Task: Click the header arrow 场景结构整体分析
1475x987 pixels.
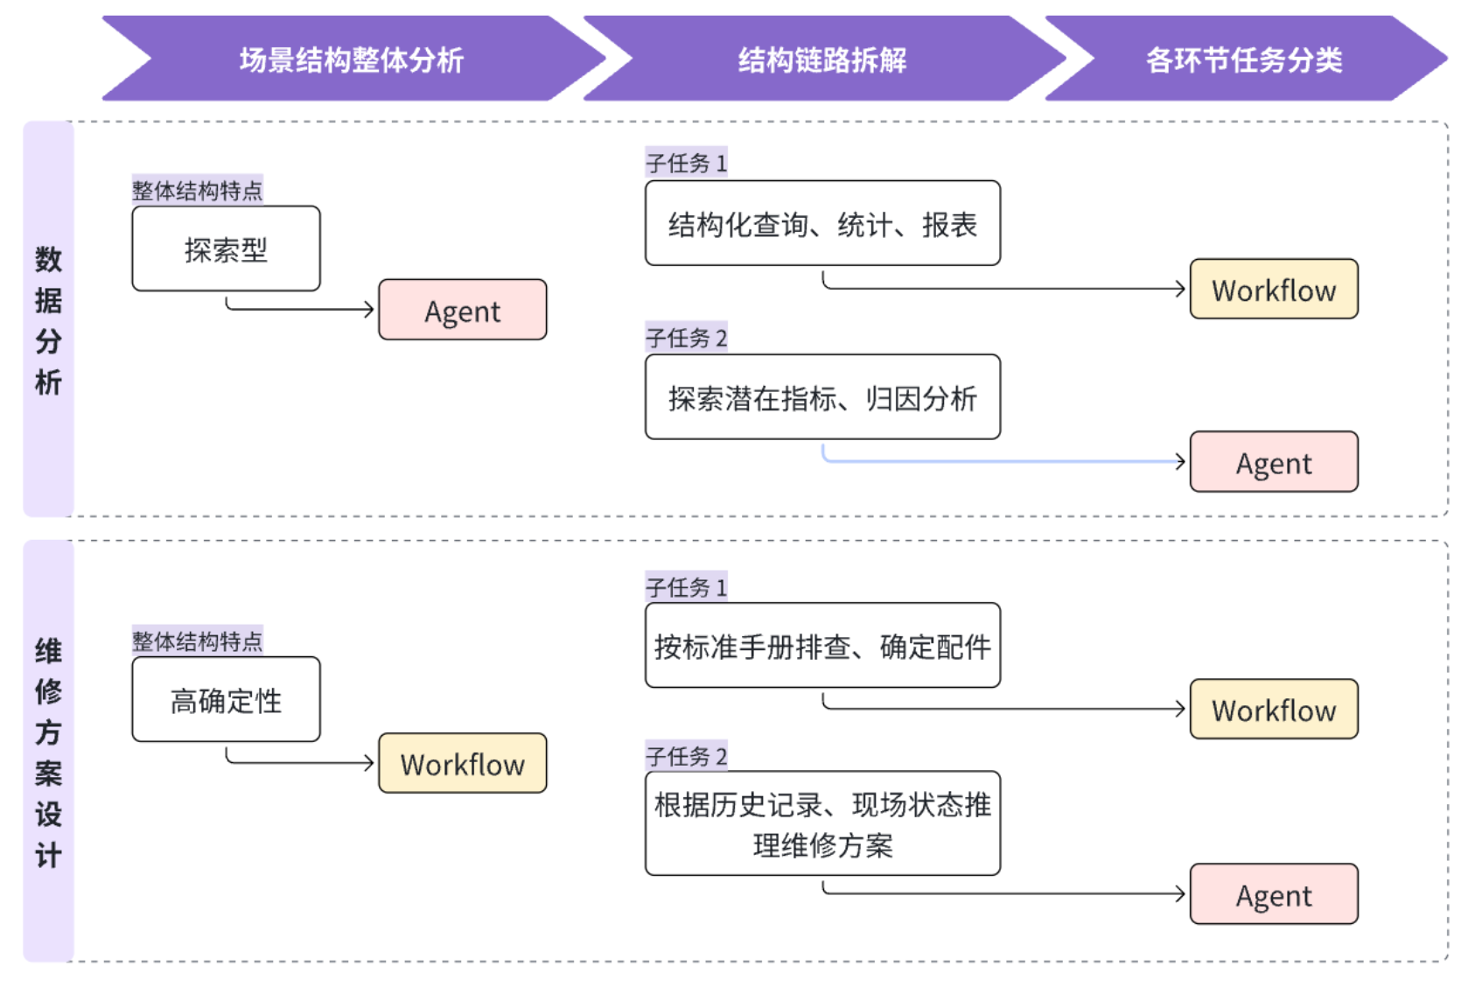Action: point(352,59)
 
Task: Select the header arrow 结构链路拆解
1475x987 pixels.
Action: point(822,59)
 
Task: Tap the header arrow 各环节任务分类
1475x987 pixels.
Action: point(1244,59)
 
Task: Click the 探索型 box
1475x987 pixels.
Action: point(226,249)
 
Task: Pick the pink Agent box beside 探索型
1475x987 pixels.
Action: point(462,310)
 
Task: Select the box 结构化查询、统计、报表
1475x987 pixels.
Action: point(822,224)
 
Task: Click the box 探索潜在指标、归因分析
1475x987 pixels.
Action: point(822,397)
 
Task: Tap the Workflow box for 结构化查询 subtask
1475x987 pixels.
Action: point(1274,290)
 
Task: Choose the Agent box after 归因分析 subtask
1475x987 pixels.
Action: point(1274,462)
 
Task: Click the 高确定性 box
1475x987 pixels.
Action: point(226,700)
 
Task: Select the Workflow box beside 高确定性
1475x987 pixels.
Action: point(462,764)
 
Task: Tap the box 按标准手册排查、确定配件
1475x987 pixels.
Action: point(822,646)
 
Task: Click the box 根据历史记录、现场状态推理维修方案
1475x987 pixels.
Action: point(822,823)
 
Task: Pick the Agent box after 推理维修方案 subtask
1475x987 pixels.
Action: point(1274,894)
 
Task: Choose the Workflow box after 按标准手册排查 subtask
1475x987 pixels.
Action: point(1274,710)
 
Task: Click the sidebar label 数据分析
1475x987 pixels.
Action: point(48,319)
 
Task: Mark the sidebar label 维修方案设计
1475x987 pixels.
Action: point(48,752)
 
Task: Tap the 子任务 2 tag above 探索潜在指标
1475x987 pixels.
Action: point(687,338)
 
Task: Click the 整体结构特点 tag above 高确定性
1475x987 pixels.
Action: point(197,641)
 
